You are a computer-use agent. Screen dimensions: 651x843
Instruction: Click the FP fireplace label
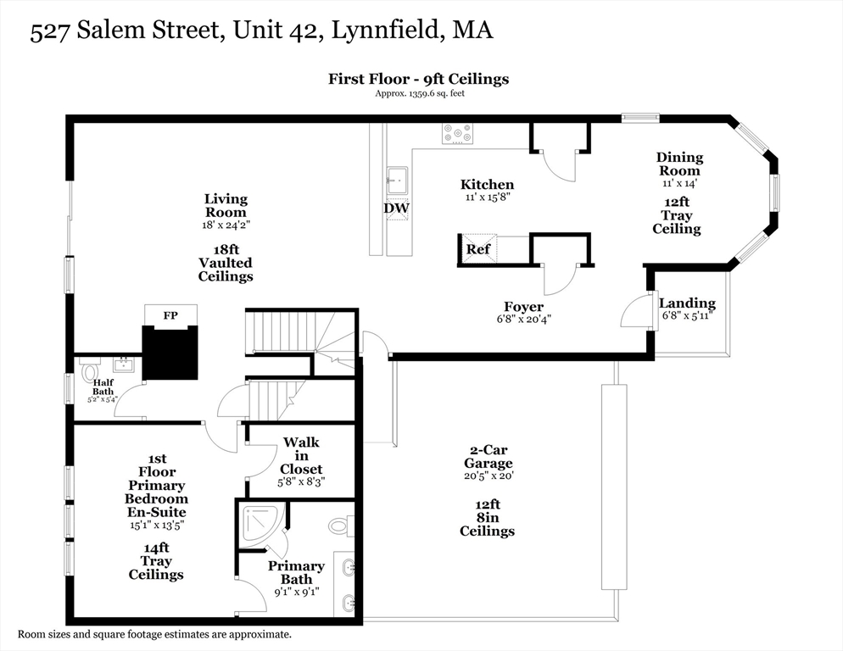[x=170, y=315]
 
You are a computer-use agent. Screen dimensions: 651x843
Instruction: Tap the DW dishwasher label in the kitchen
[x=396, y=208]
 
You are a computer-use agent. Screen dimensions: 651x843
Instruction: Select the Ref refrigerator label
[x=477, y=250]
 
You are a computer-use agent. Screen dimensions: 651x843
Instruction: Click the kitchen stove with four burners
[x=457, y=133]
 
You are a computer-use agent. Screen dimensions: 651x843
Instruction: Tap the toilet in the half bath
[x=89, y=371]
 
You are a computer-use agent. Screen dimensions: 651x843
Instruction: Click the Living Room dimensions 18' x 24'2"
[x=226, y=225]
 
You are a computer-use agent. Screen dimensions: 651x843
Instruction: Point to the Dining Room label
[x=679, y=164]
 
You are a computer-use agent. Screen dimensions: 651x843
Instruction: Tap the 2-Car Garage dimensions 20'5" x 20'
[x=488, y=476]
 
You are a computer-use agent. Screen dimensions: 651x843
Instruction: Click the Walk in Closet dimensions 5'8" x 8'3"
[x=301, y=481]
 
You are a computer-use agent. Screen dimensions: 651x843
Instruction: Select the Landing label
[x=687, y=303]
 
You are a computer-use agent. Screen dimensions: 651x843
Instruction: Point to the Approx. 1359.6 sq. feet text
[x=419, y=93]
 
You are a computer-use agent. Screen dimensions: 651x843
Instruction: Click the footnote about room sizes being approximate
[x=154, y=634]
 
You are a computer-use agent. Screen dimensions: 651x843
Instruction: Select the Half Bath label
[x=103, y=387]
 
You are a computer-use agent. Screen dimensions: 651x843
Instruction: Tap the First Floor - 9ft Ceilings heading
[x=419, y=79]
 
